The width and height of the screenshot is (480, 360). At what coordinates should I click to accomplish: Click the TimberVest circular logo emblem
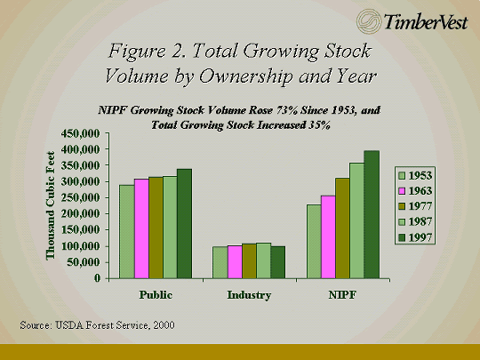point(369,21)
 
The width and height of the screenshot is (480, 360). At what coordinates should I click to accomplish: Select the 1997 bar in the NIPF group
point(372,214)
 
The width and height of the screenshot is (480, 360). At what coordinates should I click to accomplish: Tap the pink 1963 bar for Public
point(141,228)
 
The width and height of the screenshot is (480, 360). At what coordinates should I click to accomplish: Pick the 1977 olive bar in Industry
point(249,261)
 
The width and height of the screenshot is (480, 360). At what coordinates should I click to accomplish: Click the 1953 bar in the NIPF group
point(314,242)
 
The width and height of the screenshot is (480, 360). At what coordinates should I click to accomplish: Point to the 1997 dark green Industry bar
point(278,262)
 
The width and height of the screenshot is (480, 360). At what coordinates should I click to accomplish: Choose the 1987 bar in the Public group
point(170,228)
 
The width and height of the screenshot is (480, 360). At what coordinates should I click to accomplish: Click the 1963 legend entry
point(415,191)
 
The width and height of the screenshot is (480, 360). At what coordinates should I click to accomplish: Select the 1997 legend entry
point(415,237)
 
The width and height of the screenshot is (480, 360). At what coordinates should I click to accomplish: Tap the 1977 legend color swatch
point(402,206)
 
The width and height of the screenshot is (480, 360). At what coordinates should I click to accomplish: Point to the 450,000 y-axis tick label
point(81,133)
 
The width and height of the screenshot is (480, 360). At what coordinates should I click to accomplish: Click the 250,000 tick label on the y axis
point(81,197)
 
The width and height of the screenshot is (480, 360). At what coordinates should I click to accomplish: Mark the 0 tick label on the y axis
point(98,278)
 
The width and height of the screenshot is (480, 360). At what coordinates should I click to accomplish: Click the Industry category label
point(249,295)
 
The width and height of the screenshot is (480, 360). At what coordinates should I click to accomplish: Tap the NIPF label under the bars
point(342,295)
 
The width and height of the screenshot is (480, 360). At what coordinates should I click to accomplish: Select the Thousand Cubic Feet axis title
point(51,205)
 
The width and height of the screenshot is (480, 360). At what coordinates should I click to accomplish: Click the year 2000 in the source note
point(164,325)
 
